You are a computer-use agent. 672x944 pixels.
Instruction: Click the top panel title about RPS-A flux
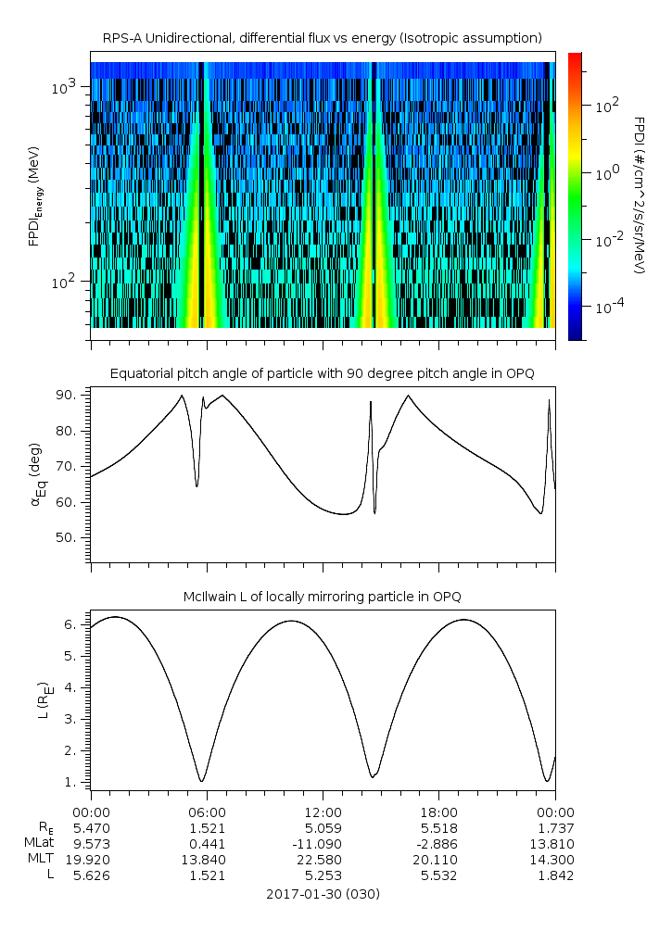(322, 38)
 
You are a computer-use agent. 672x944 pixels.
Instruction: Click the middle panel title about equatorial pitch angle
(322, 373)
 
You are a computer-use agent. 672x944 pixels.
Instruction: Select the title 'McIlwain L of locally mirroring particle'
(322, 595)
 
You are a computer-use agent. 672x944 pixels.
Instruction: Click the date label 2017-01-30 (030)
(322, 894)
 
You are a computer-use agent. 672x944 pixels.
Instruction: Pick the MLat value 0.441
(206, 844)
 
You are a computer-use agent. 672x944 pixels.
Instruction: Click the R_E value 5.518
(438, 827)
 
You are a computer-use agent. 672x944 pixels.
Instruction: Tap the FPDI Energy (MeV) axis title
(34, 196)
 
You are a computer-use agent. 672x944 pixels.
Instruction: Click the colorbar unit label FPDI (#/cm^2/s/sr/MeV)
(639, 195)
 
